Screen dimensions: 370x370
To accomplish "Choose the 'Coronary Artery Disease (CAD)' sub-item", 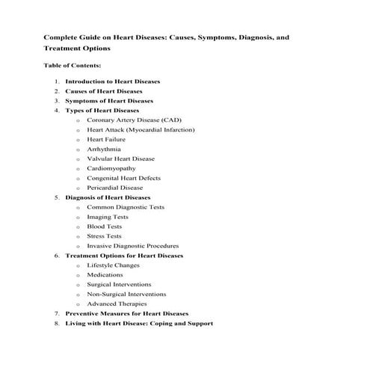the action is click(x=135, y=120).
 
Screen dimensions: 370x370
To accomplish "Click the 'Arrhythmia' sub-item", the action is click(x=104, y=149).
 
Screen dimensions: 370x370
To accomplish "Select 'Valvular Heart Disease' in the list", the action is click(x=120, y=158).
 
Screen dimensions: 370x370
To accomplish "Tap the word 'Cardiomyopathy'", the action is click(x=111, y=168).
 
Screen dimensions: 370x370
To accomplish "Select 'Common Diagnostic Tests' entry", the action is click(x=126, y=207).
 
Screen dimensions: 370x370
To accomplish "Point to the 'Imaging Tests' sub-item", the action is click(x=108, y=217).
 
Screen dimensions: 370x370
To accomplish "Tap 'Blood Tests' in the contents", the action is click(x=105, y=226).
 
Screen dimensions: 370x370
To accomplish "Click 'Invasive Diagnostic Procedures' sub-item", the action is click(x=132, y=246).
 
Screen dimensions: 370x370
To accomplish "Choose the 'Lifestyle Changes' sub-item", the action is click(x=114, y=265).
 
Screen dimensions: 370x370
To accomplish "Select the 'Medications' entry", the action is click(x=105, y=275).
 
